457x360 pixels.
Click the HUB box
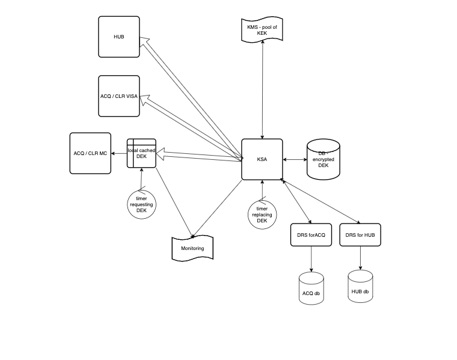[x=118, y=37]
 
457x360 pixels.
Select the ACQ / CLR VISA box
[x=118, y=96]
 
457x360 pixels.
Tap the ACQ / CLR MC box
[x=90, y=153]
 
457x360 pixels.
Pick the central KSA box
[x=262, y=159]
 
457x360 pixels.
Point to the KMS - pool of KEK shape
[x=262, y=30]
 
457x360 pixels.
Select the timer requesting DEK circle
[x=142, y=204]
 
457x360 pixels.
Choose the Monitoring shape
[x=192, y=248]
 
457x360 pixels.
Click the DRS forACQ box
[x=310, y=234]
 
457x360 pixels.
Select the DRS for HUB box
[x=360, y=234]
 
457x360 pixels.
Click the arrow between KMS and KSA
[x=262, y=90]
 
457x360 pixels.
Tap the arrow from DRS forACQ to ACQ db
[x=311, y=258]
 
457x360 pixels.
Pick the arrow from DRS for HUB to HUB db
[x=360, y=257]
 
